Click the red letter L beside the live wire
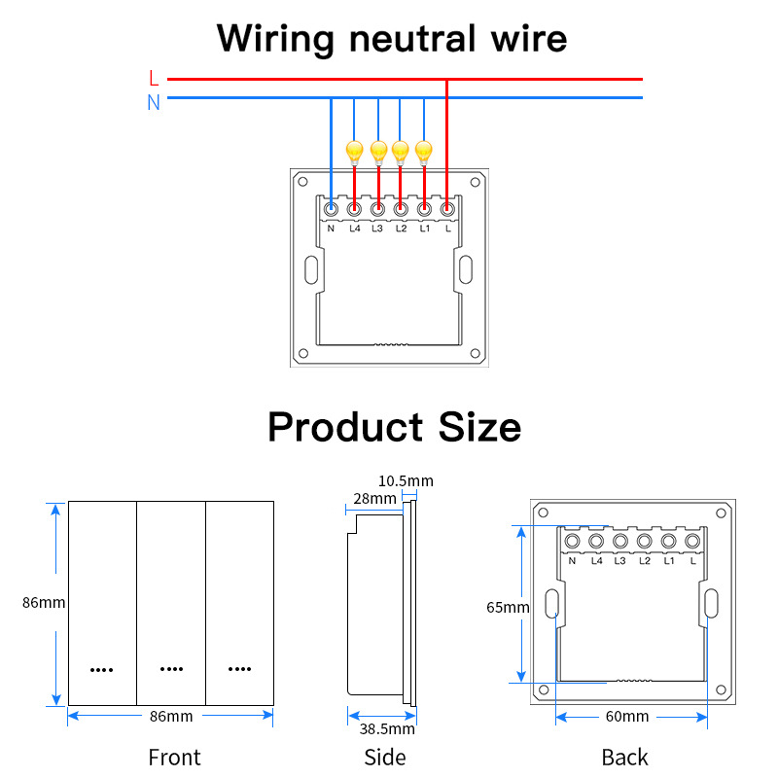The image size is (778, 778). point(154,78)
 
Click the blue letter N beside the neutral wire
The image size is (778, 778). point(154,101)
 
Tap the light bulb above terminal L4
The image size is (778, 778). point(354,151)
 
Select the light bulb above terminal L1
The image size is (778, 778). point(423,151)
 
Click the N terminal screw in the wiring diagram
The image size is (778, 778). point(331,207)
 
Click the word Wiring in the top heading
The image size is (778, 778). point(275,39)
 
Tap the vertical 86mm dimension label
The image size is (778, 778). point(44,603)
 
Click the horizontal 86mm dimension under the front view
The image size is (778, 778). point(172,717)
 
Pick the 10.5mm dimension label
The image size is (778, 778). point(406,481)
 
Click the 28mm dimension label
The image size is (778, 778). point(375,499)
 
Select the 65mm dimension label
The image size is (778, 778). point(508,608)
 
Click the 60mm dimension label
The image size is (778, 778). point(627,717)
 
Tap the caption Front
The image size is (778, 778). point(174,757)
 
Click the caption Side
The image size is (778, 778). point(385,757)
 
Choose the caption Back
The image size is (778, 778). point(624,757)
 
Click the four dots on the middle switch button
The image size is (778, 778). point(171,669)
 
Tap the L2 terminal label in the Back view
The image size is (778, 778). point(644,561)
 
